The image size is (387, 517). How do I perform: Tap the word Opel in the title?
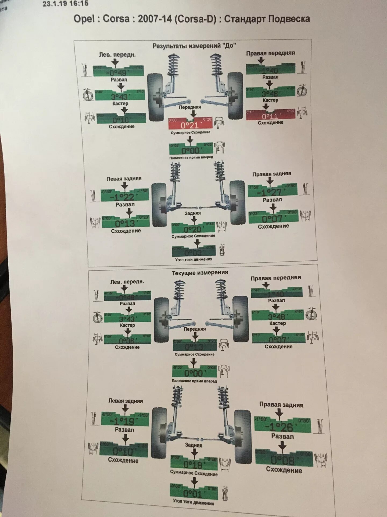pyautogui.click(x=84, y=19)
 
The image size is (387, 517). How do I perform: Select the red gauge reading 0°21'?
pyautogui.click(x=190, y=125)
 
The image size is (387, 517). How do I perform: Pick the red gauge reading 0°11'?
pyautogui.click(x=270, y=116)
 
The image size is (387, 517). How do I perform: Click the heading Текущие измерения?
pyautogui.click(x=200, y=273)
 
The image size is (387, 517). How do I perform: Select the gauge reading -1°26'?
pyautogui.click(x=282, y=427)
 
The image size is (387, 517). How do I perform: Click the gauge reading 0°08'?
pyautogui.click(x=283, y=460)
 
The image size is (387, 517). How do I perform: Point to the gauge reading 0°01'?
pyautogui.click(x=193, y=493)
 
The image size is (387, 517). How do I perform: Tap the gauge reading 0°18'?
pyautogui.click(x=193, y=464)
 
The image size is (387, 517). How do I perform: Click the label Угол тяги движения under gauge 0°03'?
pyautogui.click(x=193, y=259)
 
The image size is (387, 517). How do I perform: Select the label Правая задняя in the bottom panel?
pyautogui.click(x=281, y=405)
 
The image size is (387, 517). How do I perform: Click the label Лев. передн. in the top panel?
pyautogui.click(x=117, y=55)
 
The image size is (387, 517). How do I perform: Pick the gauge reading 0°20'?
pyautogui.click(x=193, y=229)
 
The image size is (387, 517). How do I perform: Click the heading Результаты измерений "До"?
pyautogui.click(x=194, y=46)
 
